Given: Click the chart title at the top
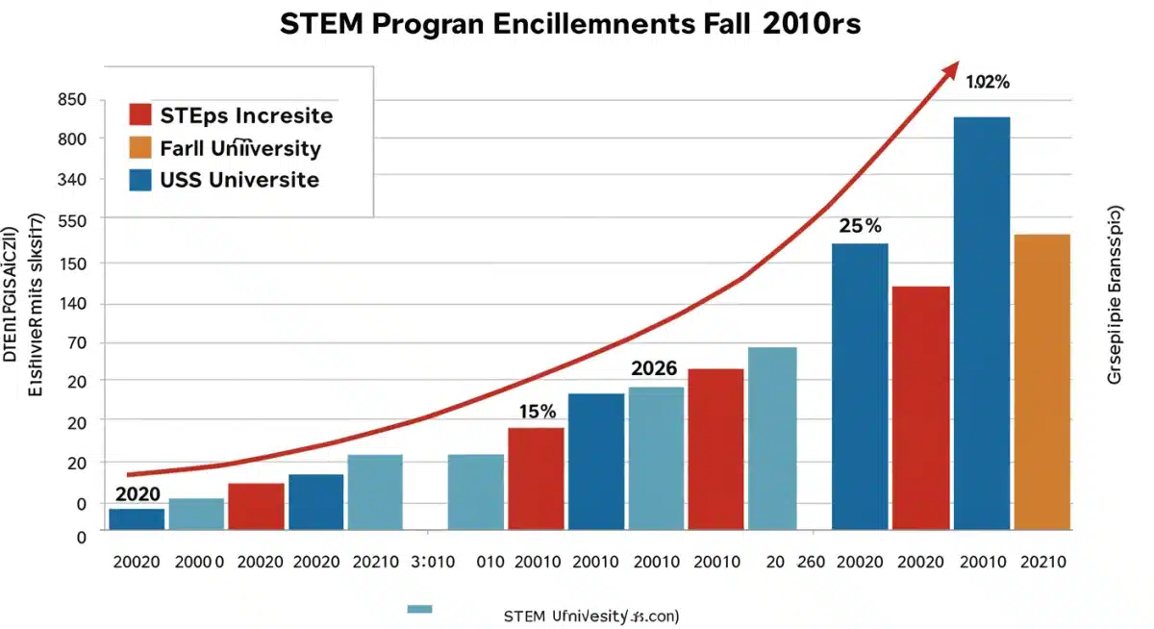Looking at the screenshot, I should (x=569, y=25).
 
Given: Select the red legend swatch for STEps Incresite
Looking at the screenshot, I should (x=140, y=115).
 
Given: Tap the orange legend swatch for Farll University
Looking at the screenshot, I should (x=140, y=147).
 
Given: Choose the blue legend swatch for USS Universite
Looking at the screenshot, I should (x=140, y=179).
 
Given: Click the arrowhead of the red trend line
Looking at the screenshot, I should (x=950, y=72).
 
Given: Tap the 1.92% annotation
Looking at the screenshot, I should (x=987, y=83).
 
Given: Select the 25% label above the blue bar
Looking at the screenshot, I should (x=860, y=227).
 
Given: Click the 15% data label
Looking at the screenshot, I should (x=537, y=412).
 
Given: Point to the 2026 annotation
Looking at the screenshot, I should (x=654, y=368).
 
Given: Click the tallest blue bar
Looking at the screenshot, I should (x=981, y=322).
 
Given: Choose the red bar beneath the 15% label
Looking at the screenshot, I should (x=536, y=478).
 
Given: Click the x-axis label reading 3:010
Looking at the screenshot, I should (x=431, y=563).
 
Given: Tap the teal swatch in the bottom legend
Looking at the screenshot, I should (x=420, y=609).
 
